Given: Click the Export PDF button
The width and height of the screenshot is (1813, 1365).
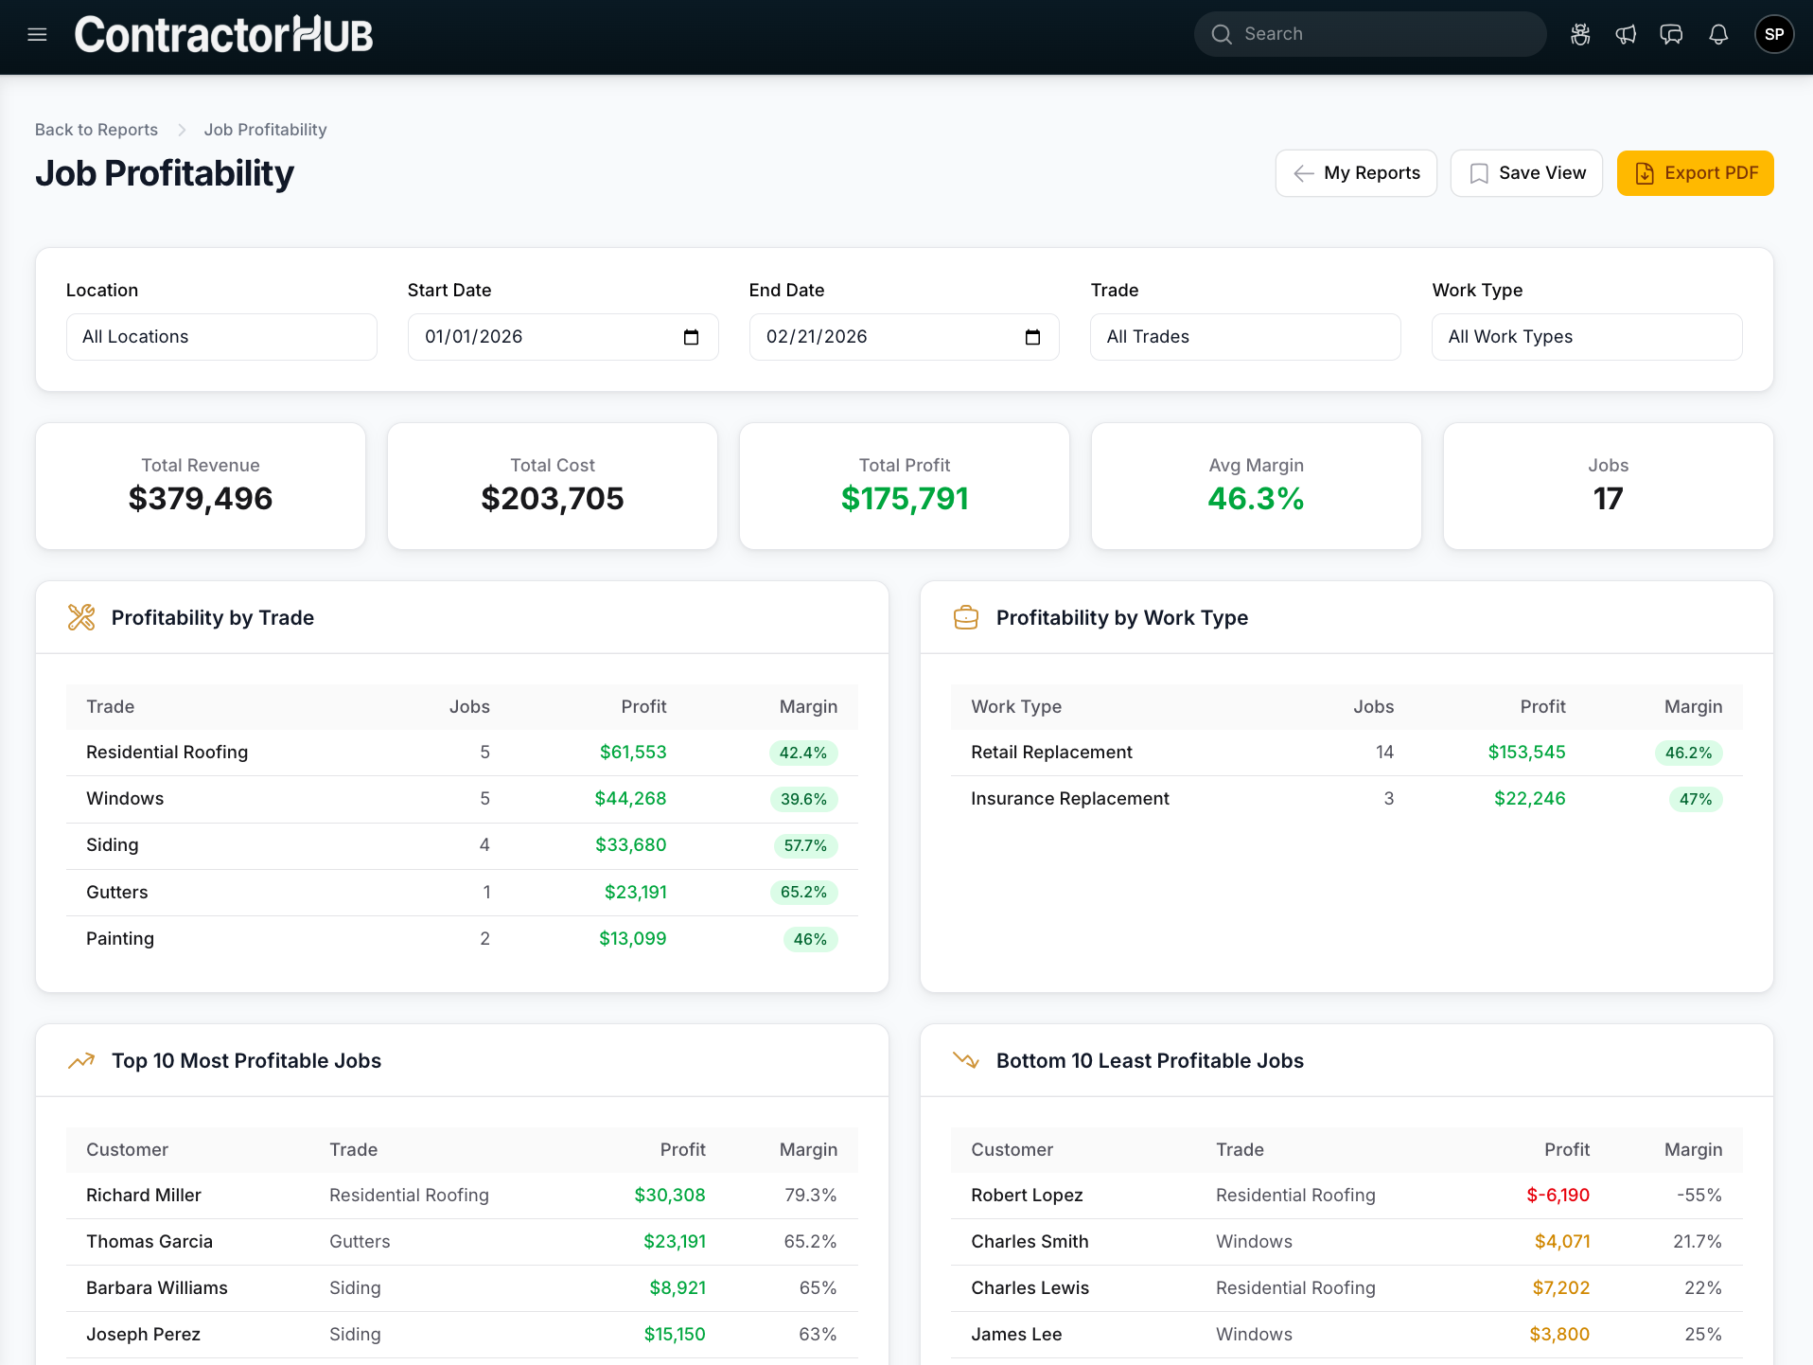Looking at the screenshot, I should click(1695, 173).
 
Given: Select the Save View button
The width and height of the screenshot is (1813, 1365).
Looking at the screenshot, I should click(1525, 173).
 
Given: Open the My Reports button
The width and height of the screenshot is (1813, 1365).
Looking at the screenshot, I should click(1355, 173).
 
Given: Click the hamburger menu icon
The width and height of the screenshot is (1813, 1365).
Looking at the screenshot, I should click(37, 35).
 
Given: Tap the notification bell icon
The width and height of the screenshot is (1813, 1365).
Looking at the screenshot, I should click(1717, 35).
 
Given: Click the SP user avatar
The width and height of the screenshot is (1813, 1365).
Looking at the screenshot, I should click(1773, 35).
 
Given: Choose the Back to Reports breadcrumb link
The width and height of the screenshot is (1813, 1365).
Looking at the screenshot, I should click(97, 130).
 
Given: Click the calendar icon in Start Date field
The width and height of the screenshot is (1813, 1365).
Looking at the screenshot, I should click(691, 337).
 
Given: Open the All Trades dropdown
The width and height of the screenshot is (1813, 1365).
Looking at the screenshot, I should click(1244, 337).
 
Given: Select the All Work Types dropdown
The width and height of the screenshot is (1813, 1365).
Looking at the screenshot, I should click(1586, 337).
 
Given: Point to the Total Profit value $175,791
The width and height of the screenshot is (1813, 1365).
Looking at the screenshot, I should click(904, 499).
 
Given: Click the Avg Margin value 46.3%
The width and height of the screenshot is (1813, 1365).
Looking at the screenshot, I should click(1256, 499).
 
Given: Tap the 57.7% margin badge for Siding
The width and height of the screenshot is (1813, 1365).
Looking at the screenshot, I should click(804, 846).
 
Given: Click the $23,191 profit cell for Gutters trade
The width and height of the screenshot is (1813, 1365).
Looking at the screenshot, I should click(635, 893).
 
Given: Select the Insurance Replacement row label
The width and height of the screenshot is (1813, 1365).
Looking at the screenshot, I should click(1069, 799).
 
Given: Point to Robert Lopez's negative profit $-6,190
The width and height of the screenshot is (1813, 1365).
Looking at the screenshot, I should click(1558, 1196).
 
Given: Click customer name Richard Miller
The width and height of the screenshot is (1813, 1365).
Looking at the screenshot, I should click(144, 1196).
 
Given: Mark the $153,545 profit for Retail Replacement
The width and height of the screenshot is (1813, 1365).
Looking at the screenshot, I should click(1526, 753).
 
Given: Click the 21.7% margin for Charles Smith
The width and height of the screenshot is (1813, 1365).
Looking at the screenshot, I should click(1697, 1242).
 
